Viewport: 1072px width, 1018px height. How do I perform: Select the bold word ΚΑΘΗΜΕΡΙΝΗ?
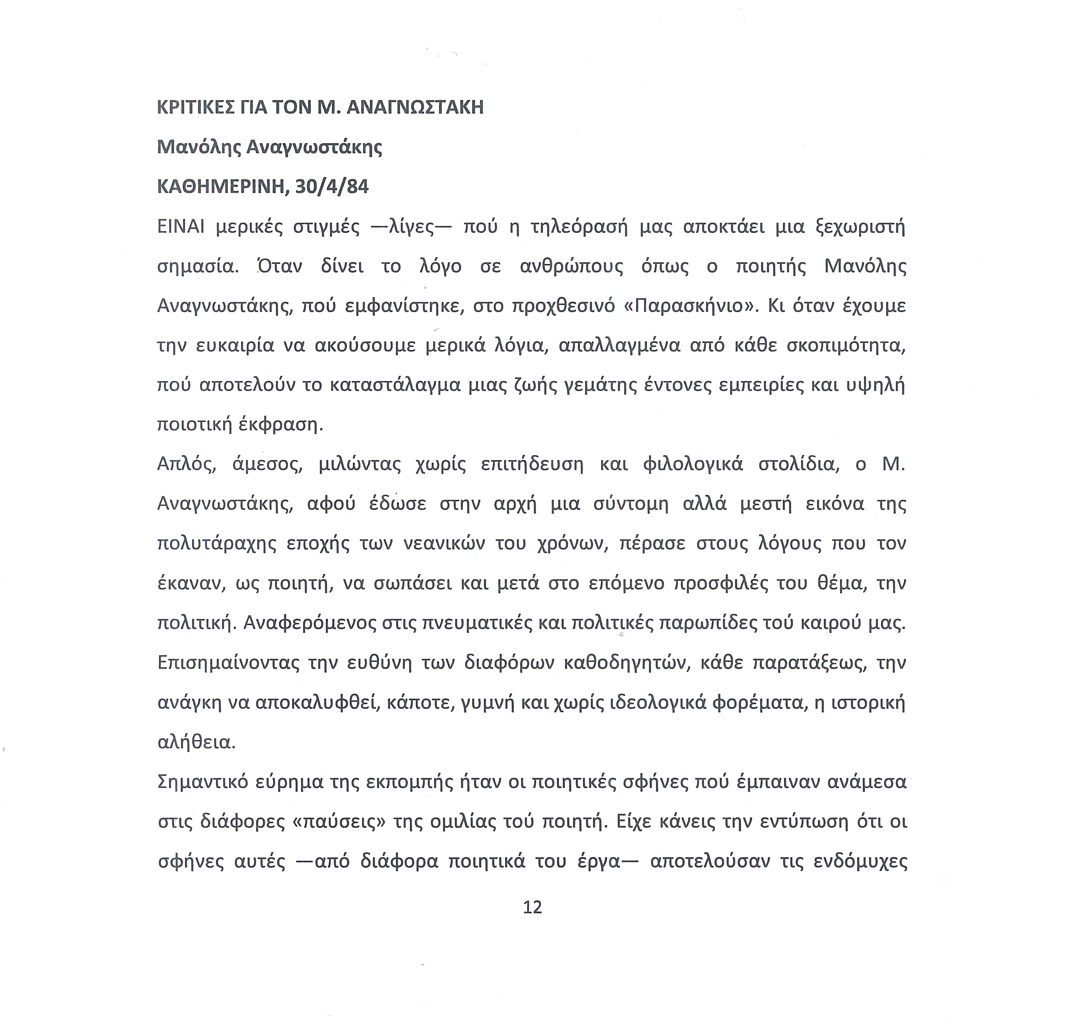pyautogui.click(x=220, y=187)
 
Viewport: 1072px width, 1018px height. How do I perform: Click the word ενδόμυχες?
pyautogui.click(x=861, y=861)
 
